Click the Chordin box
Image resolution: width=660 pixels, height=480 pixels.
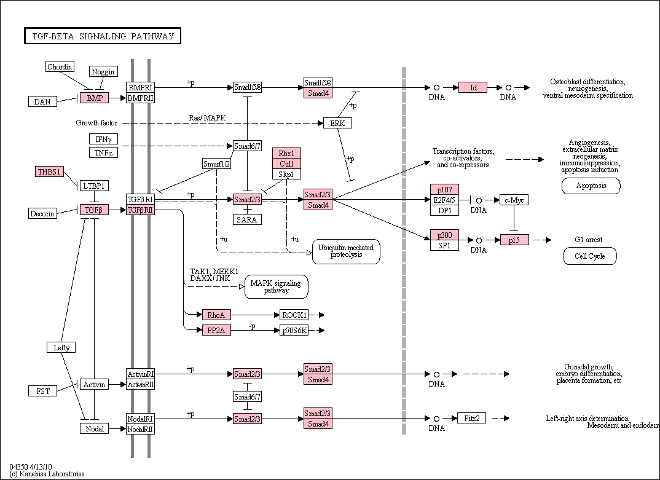pos(60,66)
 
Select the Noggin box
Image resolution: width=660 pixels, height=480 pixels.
pos(103,71)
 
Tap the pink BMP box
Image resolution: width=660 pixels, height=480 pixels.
pos(95,98)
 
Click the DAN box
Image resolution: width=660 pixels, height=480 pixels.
pos(42,101)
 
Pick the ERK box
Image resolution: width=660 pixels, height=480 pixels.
pos(337,123)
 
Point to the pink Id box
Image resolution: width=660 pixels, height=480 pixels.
pos(473,87)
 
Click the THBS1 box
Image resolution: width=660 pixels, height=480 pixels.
pos(49,171)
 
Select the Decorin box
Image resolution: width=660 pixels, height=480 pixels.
pos(42,213)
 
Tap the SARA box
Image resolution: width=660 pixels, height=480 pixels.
pos(247,219)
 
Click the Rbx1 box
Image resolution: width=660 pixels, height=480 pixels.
pos(286,153)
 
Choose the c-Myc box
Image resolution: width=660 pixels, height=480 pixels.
pos(514,200)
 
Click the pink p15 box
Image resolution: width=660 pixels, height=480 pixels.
pos(514,240)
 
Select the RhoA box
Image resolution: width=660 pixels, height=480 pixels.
pos(216,315)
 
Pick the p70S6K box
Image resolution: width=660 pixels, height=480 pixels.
pos(294,331)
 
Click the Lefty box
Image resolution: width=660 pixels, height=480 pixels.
pos(61,347)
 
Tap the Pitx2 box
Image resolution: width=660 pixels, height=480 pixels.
pos(471,418)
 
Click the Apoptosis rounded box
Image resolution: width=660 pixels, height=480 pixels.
pos(591,186)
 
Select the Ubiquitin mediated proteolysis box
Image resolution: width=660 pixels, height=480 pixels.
pos(346,251)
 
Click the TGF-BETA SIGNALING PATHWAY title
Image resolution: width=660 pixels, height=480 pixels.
pos(103,36)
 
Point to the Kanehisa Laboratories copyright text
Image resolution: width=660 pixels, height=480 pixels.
pos(47,474)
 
